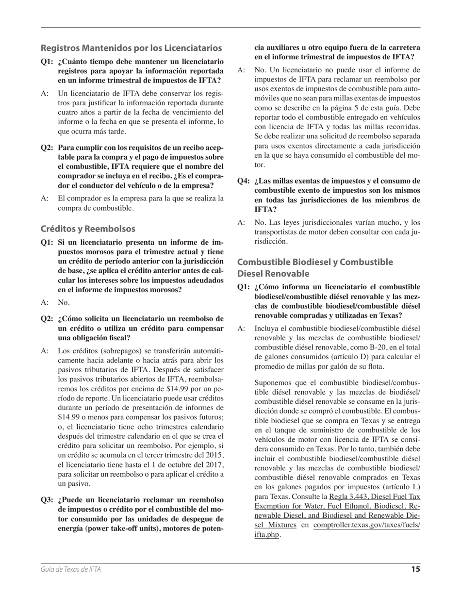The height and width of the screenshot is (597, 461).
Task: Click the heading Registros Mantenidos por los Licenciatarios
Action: [131, 48]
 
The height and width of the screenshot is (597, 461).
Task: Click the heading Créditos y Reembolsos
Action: [88, 229]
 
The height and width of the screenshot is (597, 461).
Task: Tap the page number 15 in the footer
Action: [415, 569]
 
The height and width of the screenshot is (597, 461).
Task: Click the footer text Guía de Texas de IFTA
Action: [71, 570]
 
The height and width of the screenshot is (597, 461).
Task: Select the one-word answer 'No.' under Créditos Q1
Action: [64, 303]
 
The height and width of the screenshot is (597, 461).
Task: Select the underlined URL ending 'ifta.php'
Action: [267, 534]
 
